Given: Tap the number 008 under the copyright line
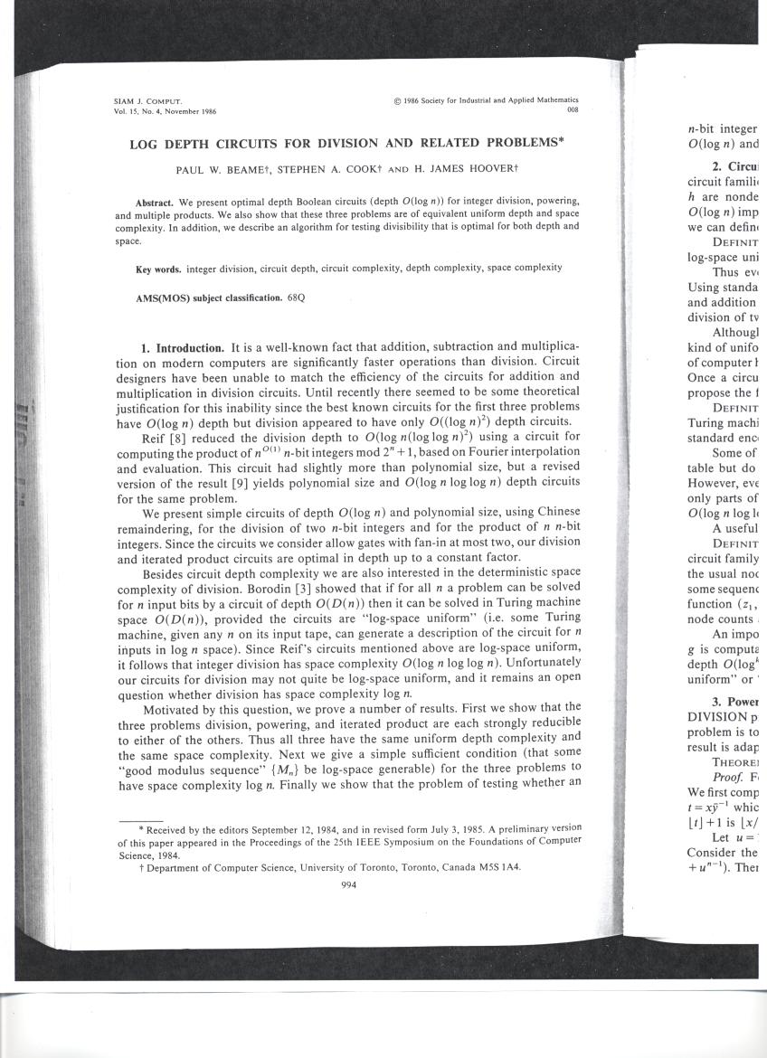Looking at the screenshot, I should coord(572,110).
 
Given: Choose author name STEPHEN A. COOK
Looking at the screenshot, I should coord(345,170).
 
